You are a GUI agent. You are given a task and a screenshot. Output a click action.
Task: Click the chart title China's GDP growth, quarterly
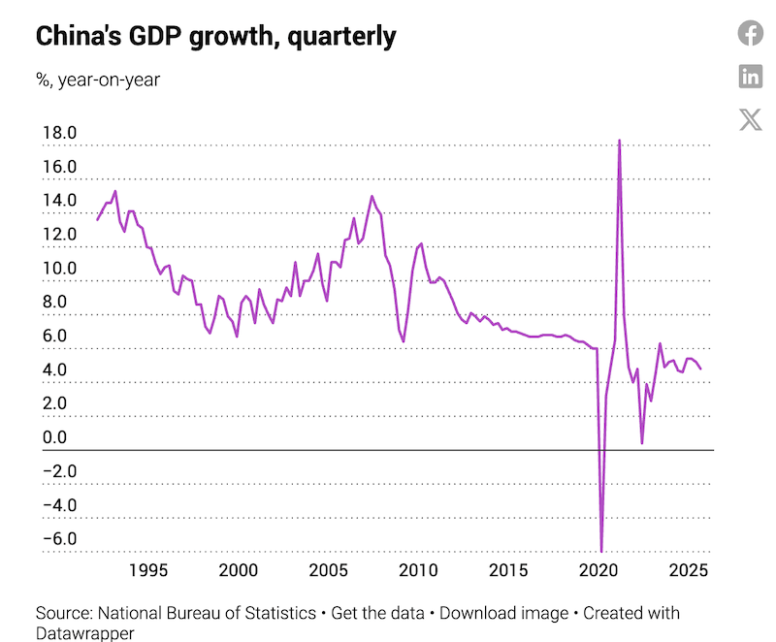[216, 37]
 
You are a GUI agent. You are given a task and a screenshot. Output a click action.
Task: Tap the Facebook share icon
[751, 33]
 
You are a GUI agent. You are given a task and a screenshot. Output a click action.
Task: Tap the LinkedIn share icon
[751, 76]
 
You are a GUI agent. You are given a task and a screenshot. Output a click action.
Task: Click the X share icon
[751, 119]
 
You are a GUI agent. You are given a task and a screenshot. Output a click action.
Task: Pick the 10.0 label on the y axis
[58, 269]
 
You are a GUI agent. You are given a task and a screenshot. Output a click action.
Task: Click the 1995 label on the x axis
[150, 569]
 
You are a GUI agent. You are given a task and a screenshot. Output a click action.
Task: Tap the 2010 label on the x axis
[419, 569]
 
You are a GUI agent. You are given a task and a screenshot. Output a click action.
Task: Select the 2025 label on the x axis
[688, 569]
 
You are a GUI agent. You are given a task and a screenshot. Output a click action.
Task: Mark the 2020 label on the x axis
[598, 569]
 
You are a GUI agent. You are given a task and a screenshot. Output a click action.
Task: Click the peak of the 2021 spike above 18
[619, 141]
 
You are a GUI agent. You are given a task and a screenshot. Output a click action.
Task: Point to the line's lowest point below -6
[601, 551]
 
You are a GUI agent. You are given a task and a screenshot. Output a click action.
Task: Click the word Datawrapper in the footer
[84, 633]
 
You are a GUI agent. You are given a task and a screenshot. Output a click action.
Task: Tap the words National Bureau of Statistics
[206, 614]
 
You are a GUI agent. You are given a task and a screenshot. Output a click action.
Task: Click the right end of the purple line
[701, 369]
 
